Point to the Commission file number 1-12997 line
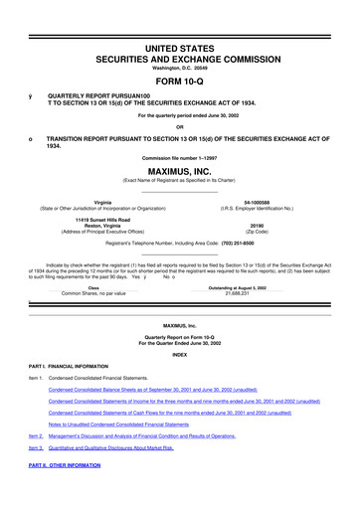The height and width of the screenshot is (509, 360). (180, 159)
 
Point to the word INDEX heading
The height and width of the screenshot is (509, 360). (180, 355)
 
